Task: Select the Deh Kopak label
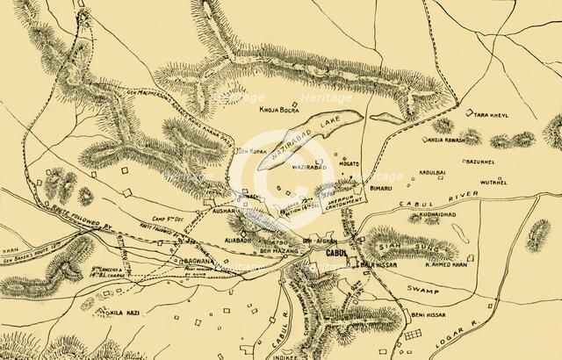252,152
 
